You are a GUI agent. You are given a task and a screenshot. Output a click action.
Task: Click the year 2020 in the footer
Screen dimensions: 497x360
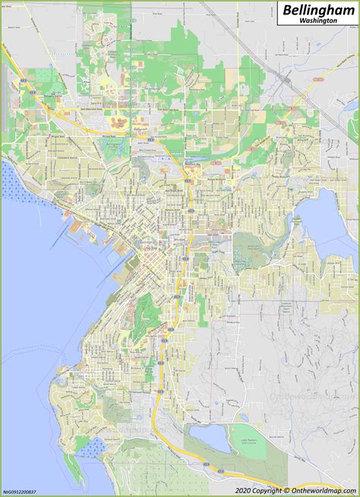click(245, 490)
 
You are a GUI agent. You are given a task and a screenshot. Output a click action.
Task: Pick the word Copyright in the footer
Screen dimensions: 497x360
click(269, 490)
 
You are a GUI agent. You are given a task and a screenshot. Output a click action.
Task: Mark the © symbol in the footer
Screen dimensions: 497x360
click(286, 490)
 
